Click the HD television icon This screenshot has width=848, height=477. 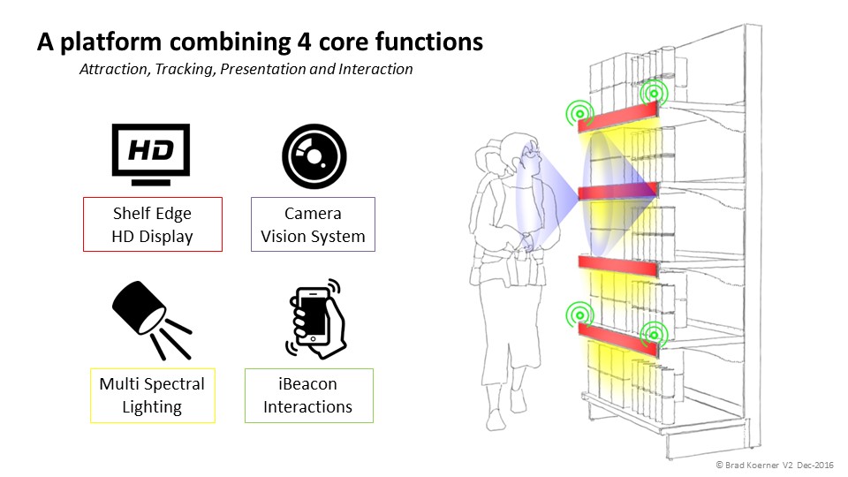click(x=150, y=154)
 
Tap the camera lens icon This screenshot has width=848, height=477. click(x=313, y=155)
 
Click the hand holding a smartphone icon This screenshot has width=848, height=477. click(x=316, y=318)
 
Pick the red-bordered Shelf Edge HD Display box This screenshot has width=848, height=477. click(x=152, y=224)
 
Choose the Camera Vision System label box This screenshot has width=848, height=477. click(x=313, y=224)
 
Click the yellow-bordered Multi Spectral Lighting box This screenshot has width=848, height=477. click(x=152, y=395)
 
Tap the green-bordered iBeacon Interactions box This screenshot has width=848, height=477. click(x=308, y=395)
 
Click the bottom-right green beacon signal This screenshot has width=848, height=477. click(x=654, y=334)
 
